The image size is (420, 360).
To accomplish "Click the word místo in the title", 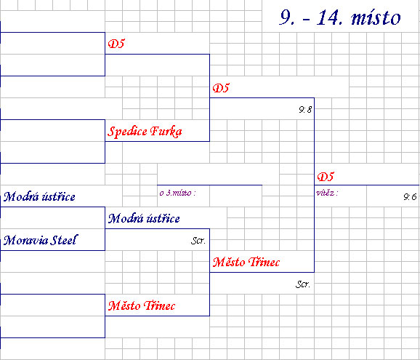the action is [x=376, y=18].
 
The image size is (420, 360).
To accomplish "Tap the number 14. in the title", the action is [x=329, y=17].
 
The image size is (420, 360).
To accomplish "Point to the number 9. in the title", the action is [x=286, y=17].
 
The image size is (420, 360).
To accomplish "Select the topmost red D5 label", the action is [x=116, y=44].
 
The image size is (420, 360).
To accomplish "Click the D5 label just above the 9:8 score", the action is [x=221, y=88].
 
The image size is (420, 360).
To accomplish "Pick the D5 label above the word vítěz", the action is [x=326, y=177].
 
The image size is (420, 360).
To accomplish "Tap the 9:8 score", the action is [x=305, y=109].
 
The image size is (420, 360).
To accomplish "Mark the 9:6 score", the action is [x=410, y=197].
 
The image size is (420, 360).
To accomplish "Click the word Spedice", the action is [x=127, y=132].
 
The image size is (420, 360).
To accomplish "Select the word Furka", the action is [x=166, y=132].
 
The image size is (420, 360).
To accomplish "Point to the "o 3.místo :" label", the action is [x=177, y=193].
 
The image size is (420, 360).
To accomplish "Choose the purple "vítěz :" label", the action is [x=327, y=193].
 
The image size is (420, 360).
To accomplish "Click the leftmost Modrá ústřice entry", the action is [x=39, y=196].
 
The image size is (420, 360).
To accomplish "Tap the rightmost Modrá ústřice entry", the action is [x=144, y=218].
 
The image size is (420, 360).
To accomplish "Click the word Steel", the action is [x=64, y=240].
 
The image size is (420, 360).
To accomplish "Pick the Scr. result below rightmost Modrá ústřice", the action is [x=198, y=241].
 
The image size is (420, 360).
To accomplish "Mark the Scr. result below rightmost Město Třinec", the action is [x=303, y=284].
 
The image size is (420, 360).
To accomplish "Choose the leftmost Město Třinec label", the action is [x=142, y=305].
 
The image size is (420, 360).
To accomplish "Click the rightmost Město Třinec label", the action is [x=246, y=262].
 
